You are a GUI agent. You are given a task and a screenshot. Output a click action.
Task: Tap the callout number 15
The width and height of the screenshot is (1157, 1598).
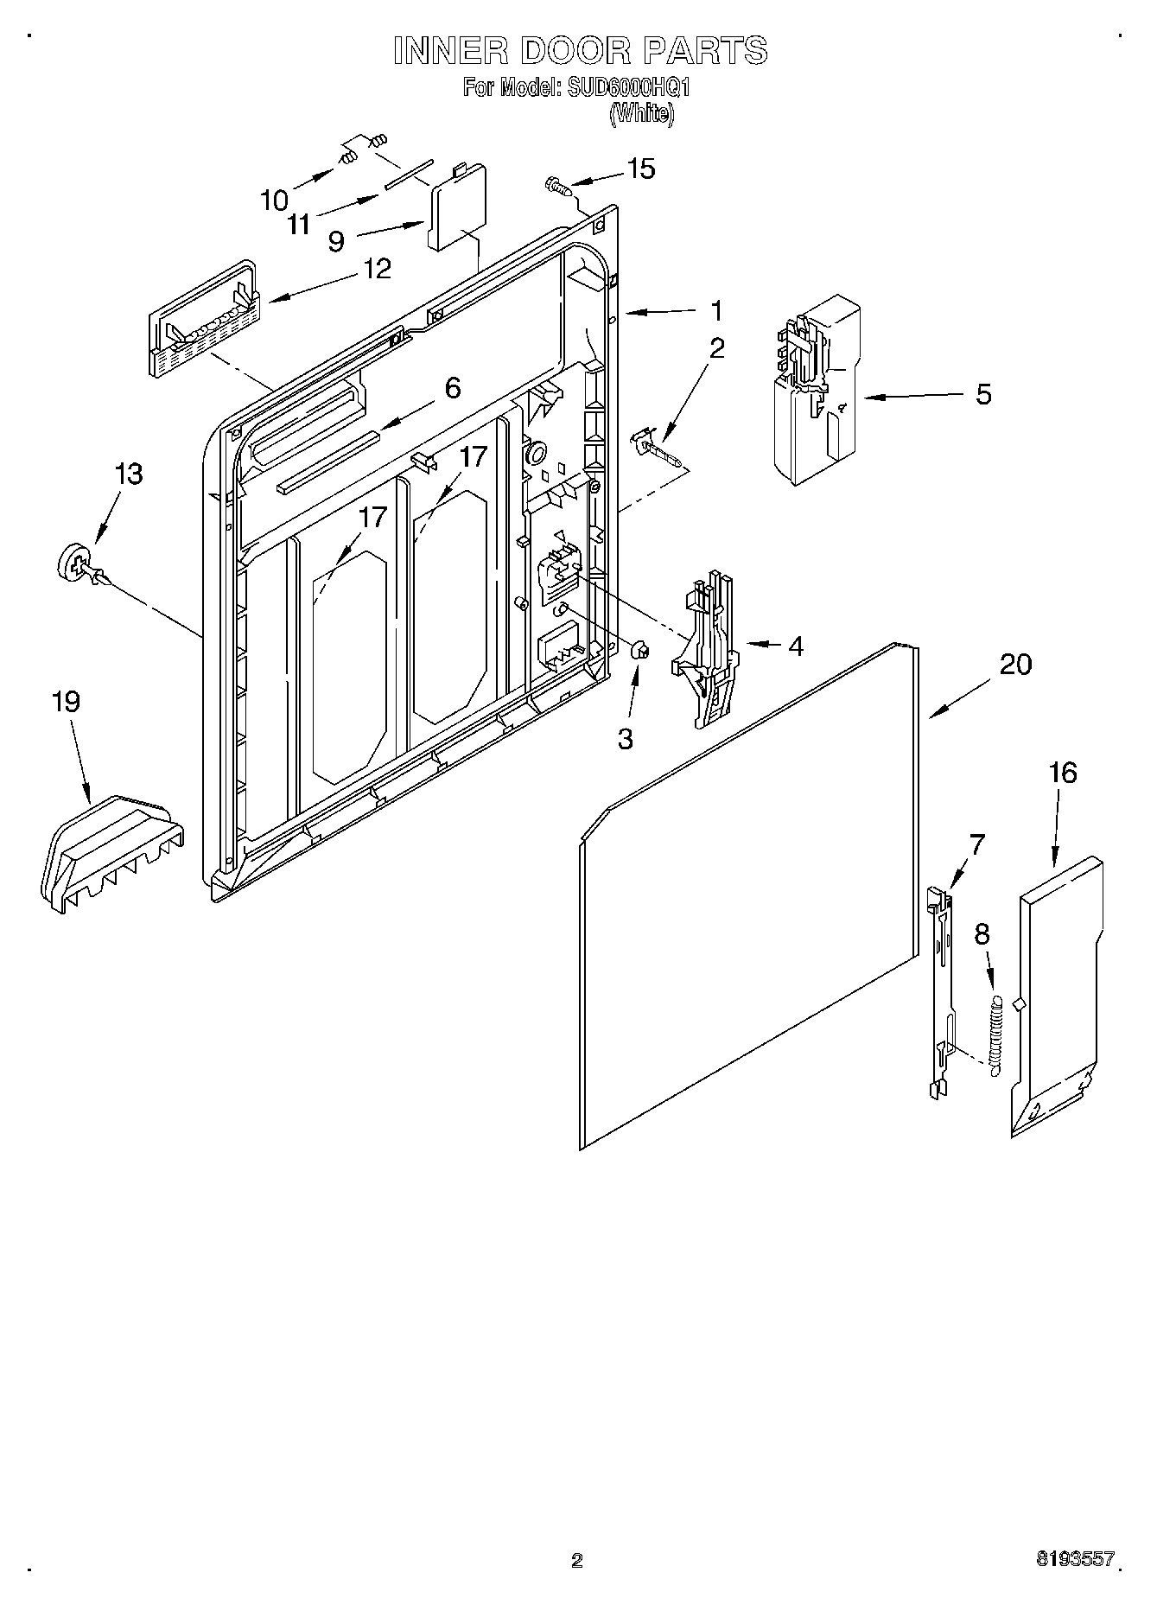point(640,169)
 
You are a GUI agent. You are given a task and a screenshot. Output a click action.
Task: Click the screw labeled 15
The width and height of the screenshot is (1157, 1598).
point(555,184)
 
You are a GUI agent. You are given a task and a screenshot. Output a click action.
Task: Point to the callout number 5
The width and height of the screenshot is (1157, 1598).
point(983,394)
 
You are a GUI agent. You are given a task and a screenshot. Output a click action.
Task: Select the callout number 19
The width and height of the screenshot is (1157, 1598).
point(67,701)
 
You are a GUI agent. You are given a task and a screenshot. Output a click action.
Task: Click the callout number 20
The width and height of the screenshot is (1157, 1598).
point(1015,665)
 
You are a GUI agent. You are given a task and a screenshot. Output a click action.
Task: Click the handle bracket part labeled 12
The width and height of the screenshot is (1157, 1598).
point(204,320)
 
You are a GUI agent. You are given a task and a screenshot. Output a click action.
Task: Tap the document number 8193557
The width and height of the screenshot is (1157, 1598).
point(1075,1557)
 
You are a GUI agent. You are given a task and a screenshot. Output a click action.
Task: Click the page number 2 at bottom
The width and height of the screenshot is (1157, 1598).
point(577,1560)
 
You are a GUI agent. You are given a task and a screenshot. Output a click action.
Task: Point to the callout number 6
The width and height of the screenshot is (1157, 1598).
point(453,388)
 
